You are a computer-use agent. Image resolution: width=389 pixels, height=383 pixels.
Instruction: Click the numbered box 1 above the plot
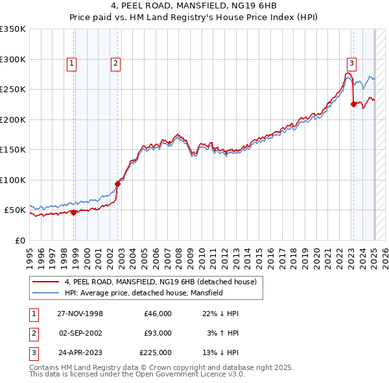[x=71, y=63]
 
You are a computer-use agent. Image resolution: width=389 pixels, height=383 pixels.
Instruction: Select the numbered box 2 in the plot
[x=115, y=63]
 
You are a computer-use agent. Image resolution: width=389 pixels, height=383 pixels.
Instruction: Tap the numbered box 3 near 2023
[x=351, y=63]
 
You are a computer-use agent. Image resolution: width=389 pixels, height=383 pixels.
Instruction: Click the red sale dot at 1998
[x=74, y=212]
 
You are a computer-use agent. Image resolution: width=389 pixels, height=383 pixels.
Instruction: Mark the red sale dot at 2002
[x=118, y=184]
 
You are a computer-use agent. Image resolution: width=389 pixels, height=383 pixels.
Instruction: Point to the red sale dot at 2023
[x=353, y=104]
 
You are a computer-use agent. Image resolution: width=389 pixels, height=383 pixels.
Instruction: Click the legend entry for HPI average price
[x=143, y=293]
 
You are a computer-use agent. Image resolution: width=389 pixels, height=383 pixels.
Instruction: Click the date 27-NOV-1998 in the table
[x=80, y=314]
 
